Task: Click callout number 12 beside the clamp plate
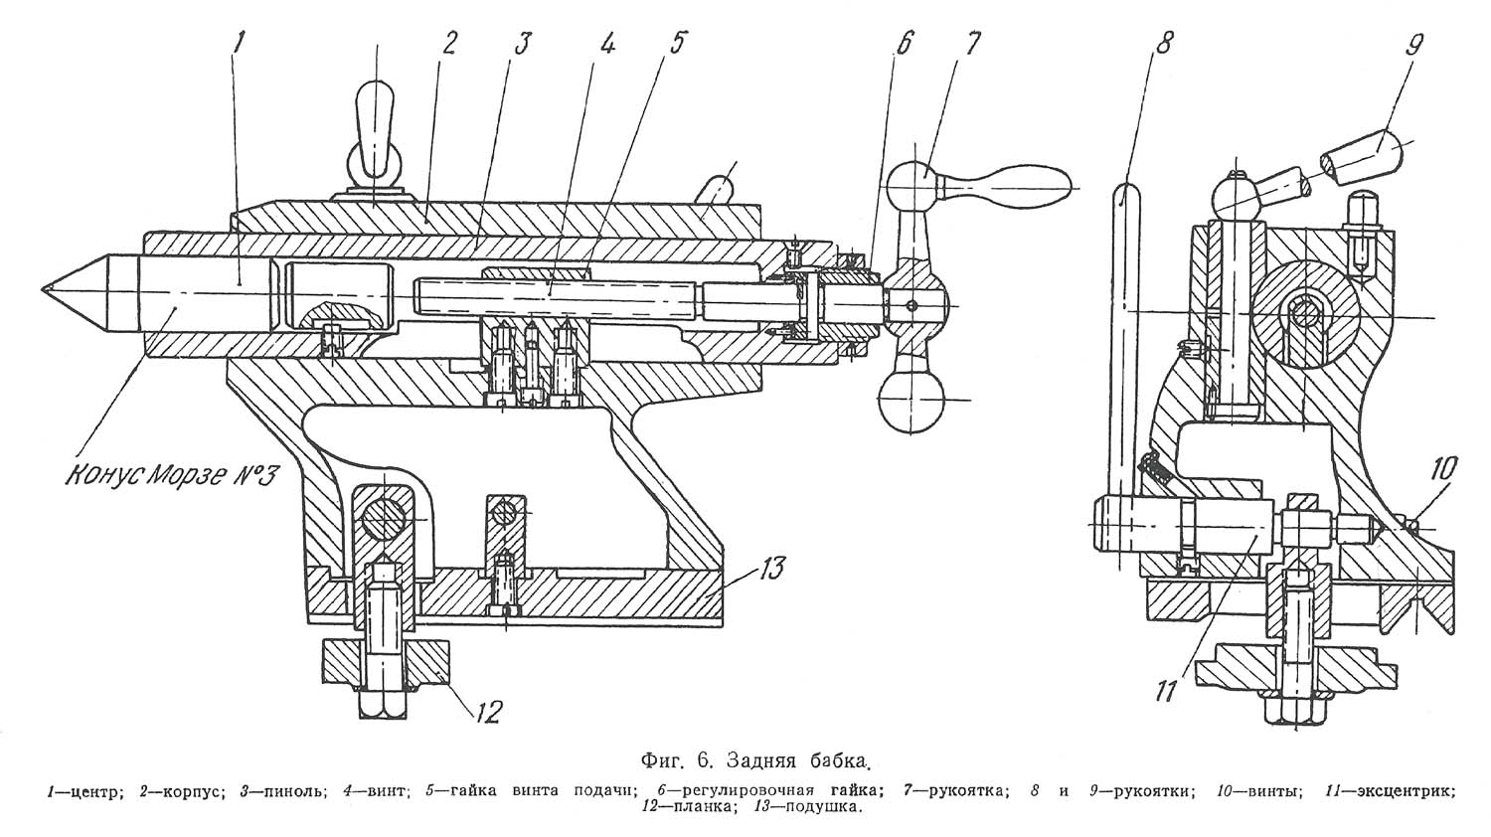click(487, 711)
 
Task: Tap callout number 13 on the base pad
click(771, 570)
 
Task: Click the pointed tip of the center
click(45, 288)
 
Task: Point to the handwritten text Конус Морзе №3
click(170, 474)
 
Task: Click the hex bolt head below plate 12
click(382, 703)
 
